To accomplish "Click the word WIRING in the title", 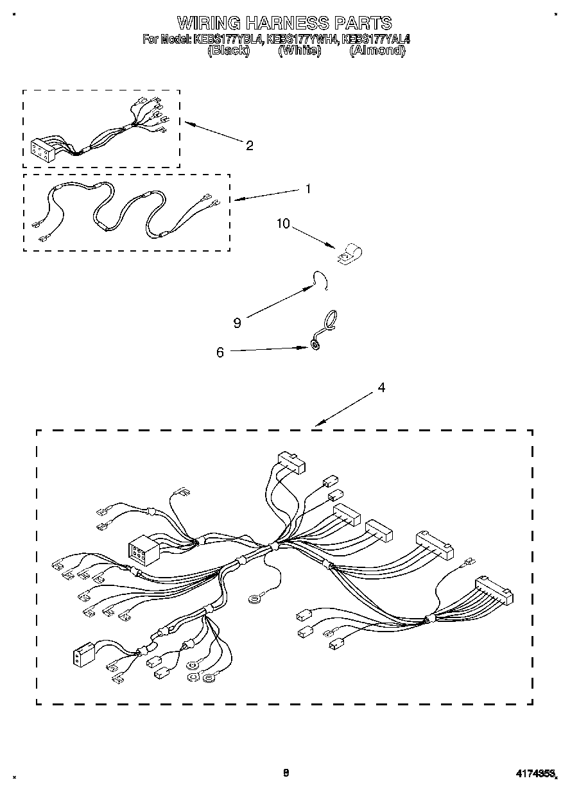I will point(209,24).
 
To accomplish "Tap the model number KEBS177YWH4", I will point(302,39).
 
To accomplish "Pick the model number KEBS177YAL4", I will point(377,39).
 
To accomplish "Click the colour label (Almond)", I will point(377,50).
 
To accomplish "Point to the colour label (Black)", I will point(229,50).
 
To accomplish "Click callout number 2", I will point(250,146).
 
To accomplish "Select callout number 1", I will point(308,189).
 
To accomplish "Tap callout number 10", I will point(283,224).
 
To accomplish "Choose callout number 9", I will point(237,323).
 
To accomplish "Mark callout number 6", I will point(220,352).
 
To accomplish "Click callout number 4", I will point(381,388).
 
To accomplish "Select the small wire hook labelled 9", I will point(320,280).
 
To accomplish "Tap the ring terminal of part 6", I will point(316,346).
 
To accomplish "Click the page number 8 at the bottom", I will point(286,773).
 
